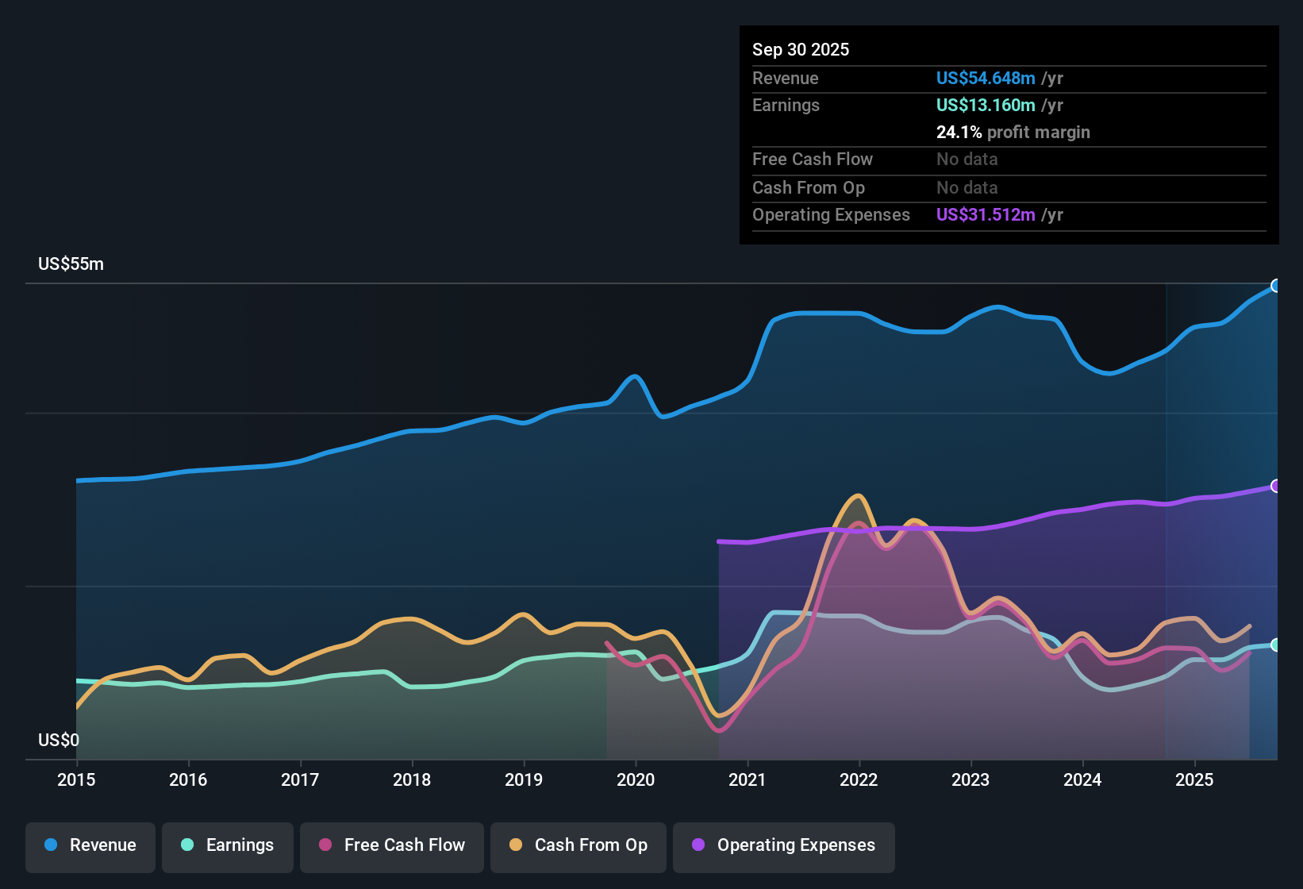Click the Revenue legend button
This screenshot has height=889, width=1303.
(x=90, y=845)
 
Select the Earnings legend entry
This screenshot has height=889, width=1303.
(x=227, y=845)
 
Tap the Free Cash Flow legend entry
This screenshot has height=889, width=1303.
(x=391, y=845)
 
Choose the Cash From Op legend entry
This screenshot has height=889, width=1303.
(x=578, y=845)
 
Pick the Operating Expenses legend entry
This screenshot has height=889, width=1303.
(x=783, y=845)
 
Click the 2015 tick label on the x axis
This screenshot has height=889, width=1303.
(x=76, y=779)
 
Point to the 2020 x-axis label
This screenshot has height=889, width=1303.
(x=636, y=779)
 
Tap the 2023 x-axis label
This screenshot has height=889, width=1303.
(x=971, y=779)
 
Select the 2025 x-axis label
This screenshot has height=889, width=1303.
(x=1194, y=779)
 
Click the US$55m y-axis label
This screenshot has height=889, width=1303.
(x=71, y=264)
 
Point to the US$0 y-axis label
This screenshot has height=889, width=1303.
(x=59, y=740)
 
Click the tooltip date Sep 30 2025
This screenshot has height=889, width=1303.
(x=800, y=49)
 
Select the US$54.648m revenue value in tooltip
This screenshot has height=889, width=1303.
(x=985, y=78)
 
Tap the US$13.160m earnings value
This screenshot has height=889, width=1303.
(x=985, y=105)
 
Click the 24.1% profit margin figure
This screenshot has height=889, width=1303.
(x=959, y=132)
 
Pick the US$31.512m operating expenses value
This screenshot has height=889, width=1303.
(x=985, y=214)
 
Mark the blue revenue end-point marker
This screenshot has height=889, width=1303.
(x=1275, y=286)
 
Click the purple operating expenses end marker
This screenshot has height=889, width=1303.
(x=1275, y=486)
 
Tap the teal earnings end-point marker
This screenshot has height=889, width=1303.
(x=1275, y=645)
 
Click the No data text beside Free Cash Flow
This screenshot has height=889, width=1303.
(x=967, y=159)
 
